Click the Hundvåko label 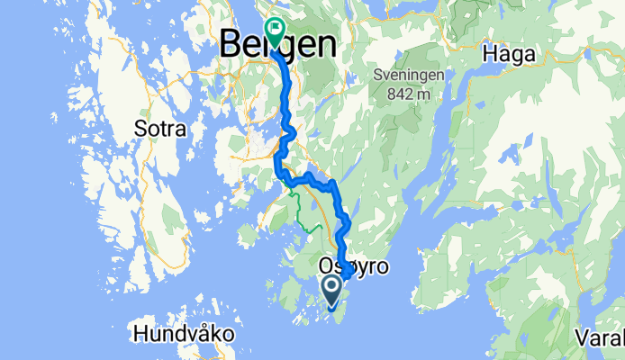(184, 334)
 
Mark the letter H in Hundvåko (140, 334)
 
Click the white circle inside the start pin (331, 288)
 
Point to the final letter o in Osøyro (382, 266)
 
